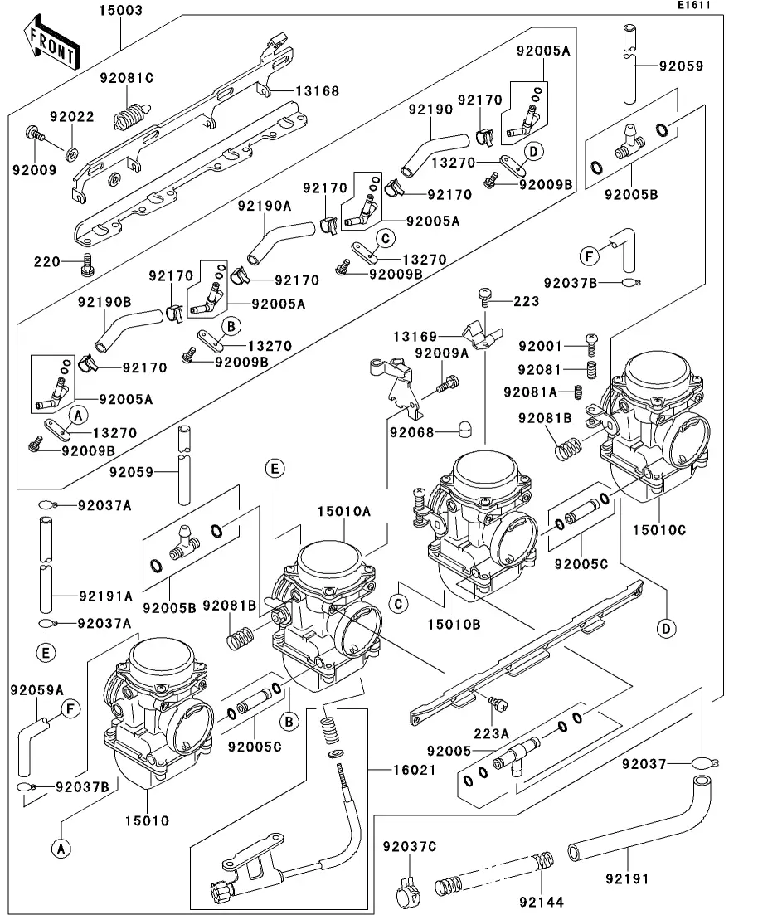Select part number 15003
point(121,11)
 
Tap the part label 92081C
point(127,78)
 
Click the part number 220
point(46,262)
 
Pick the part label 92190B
point(105,302)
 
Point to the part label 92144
point(542,901)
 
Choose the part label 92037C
point(409,846)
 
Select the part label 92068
point(415,431)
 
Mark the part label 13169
point(415,336)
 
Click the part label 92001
point(540,346)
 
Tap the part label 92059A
point(36,689)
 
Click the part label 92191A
point(105,595)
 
